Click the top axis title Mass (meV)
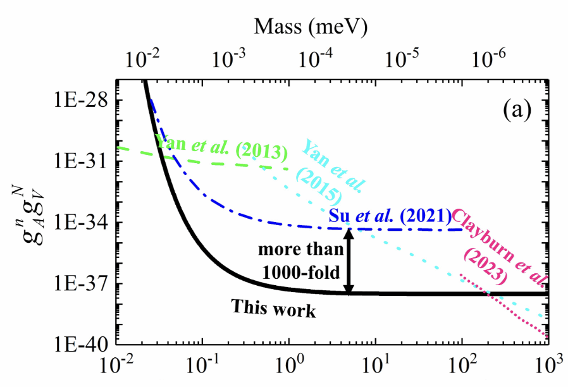coord(311,26)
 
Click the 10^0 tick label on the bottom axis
coord(288,367)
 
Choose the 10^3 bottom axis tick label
coord(547,367)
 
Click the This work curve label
coord(273,309)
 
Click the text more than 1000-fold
coord(302,260)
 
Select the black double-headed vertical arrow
coord(348,261)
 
